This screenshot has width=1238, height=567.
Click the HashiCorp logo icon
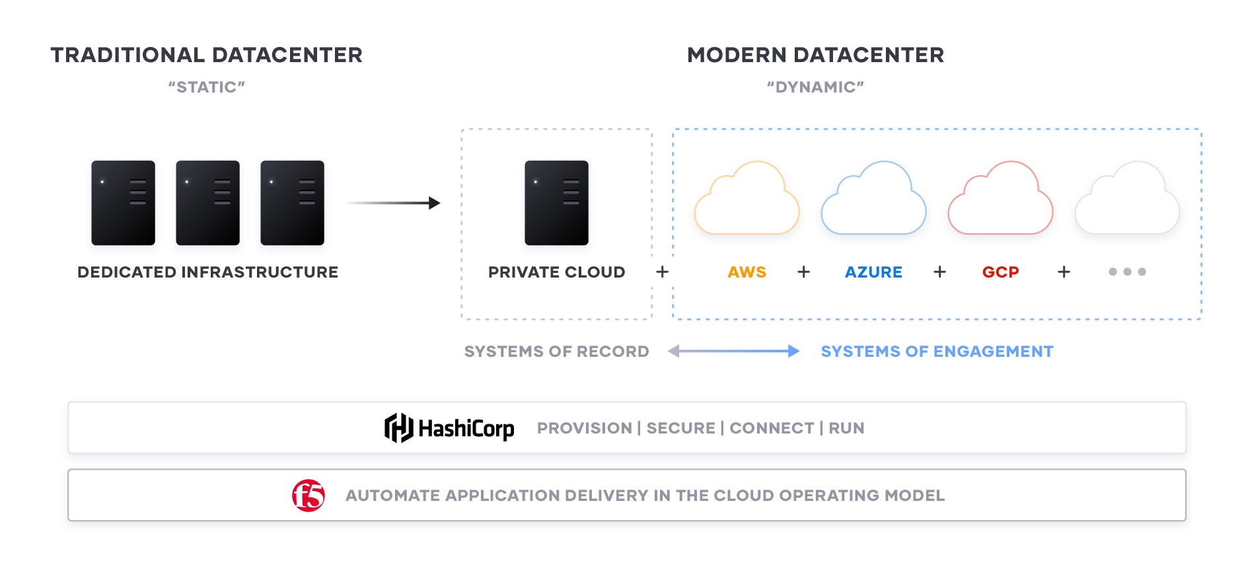point(398,428)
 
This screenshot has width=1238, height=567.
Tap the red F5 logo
point(309,496)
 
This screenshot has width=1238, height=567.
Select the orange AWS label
point(746,272)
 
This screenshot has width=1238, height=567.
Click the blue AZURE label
point(873,272)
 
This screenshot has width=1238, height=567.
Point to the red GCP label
point(1000,272)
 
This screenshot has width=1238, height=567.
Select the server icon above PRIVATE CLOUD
point(556,203)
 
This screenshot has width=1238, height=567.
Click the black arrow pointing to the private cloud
point(393,203)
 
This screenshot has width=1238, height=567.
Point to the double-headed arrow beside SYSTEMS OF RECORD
point(733,352)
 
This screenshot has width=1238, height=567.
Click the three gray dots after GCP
point(1127,272)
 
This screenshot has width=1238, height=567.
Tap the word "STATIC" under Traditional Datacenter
point(207,87)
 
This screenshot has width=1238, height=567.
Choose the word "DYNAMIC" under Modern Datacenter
point(815,87)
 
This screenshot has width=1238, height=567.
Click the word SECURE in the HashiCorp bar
point(680,428)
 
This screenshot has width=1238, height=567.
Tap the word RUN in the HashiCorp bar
point(846,428)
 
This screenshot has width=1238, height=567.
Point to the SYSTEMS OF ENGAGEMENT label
point(937,352)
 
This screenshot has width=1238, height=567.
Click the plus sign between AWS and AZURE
point(803,272)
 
